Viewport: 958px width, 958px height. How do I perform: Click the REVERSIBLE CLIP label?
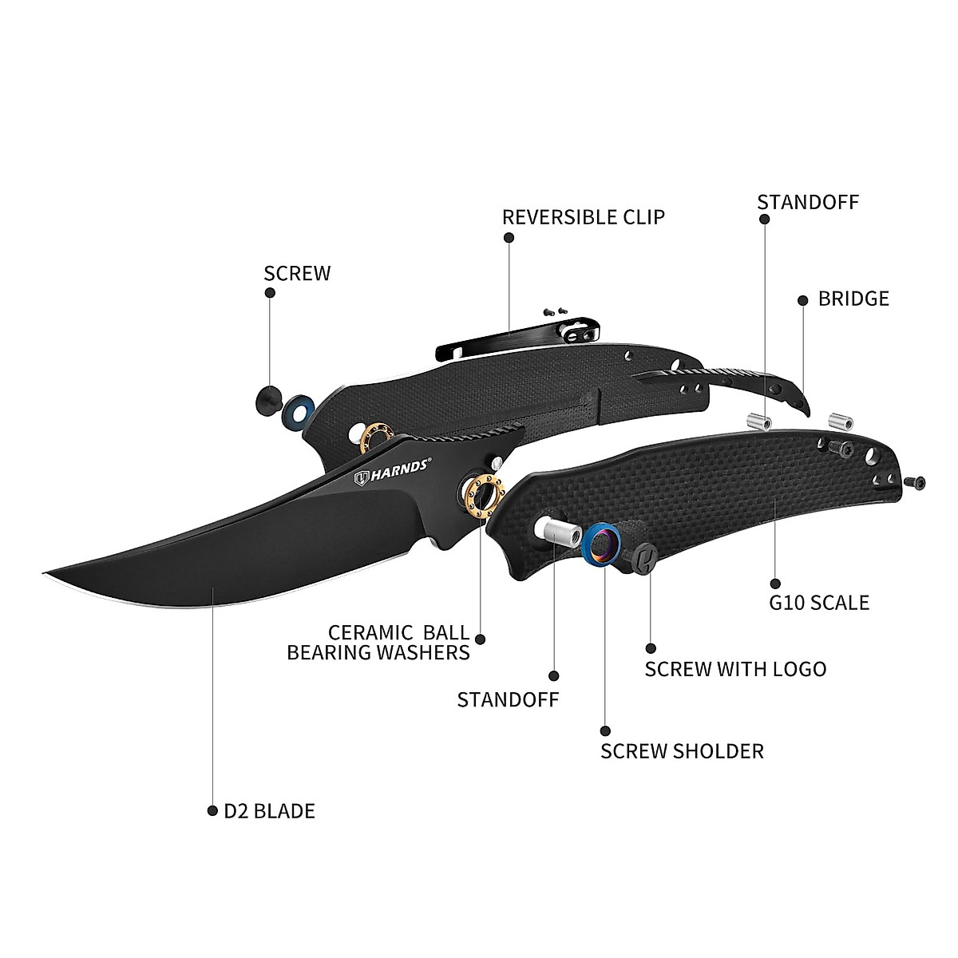point(583,216)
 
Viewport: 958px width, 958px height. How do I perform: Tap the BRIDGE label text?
point(853,299)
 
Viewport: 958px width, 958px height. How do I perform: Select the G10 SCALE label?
point(818,602)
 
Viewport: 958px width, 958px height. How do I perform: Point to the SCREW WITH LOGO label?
point(735,668)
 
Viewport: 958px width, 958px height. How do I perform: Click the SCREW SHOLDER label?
point(682,750)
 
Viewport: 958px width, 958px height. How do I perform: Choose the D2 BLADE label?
point(269,811)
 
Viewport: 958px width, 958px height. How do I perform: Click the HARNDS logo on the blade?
point(394,477)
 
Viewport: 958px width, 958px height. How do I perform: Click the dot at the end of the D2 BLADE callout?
point(212,811)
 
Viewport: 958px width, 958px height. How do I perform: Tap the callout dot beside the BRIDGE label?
point(802,299)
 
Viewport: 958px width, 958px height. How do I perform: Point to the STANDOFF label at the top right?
point(807,201)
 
